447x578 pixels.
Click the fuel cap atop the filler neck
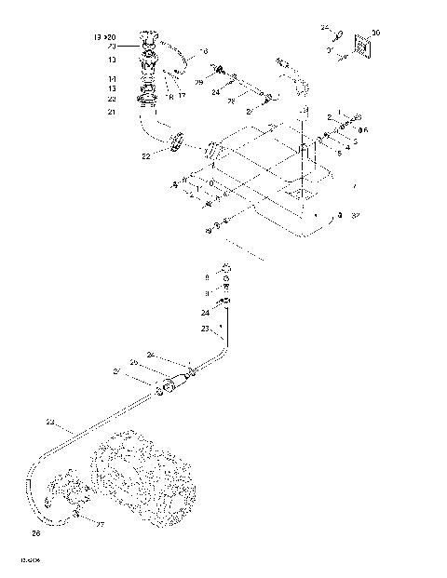tap(146, 39)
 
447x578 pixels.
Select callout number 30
tap(375, 33)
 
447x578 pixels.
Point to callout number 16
tap(205, 51)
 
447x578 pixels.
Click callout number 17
tap(183, 94)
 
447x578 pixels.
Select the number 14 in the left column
tap(112, 78)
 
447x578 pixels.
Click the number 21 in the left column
tap(112, 112)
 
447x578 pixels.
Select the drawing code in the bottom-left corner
tap(29, 561)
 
